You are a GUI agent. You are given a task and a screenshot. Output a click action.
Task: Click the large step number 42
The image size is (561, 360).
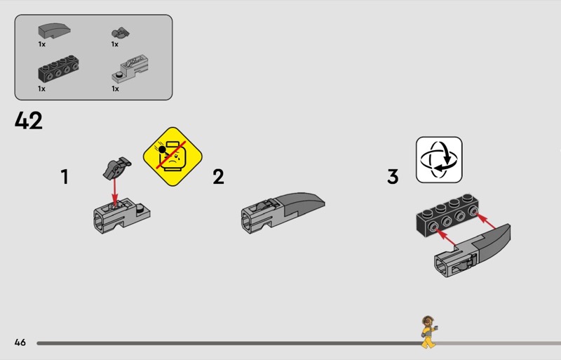point(29,121)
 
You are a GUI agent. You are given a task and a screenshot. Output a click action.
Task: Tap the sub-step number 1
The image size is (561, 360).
point(65,177)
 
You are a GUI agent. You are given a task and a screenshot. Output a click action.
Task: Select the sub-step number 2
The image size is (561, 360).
point(218,177)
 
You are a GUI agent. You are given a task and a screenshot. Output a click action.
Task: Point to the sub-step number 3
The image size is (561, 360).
point(393,177)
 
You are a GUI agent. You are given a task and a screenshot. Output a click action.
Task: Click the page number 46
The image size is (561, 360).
point(20,342)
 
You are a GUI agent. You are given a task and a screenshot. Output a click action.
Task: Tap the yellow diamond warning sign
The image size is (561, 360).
point(173,156)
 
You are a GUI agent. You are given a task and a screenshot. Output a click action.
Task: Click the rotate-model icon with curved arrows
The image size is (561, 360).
point(439,160)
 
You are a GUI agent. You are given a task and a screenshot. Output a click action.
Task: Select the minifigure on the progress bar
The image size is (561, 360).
point(428,332)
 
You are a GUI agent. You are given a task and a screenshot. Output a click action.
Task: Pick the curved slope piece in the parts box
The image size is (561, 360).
point(55,31)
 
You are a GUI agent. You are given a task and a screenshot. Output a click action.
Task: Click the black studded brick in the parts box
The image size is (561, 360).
point(58,69)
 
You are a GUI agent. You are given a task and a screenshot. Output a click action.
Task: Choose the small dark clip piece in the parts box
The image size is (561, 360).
point(120,33)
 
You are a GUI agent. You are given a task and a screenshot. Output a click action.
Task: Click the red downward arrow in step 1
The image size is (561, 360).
point(114,192)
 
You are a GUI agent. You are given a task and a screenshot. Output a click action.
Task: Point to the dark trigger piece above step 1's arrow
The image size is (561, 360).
point(117,167)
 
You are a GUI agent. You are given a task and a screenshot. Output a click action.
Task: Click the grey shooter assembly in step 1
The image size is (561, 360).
point(121,215)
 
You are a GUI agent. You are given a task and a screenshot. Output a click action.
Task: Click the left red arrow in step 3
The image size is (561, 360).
point(447,238)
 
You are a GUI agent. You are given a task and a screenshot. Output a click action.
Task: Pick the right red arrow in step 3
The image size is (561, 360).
point(486,220)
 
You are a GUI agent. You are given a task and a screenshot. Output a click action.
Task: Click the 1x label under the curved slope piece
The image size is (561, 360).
point(42,44)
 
